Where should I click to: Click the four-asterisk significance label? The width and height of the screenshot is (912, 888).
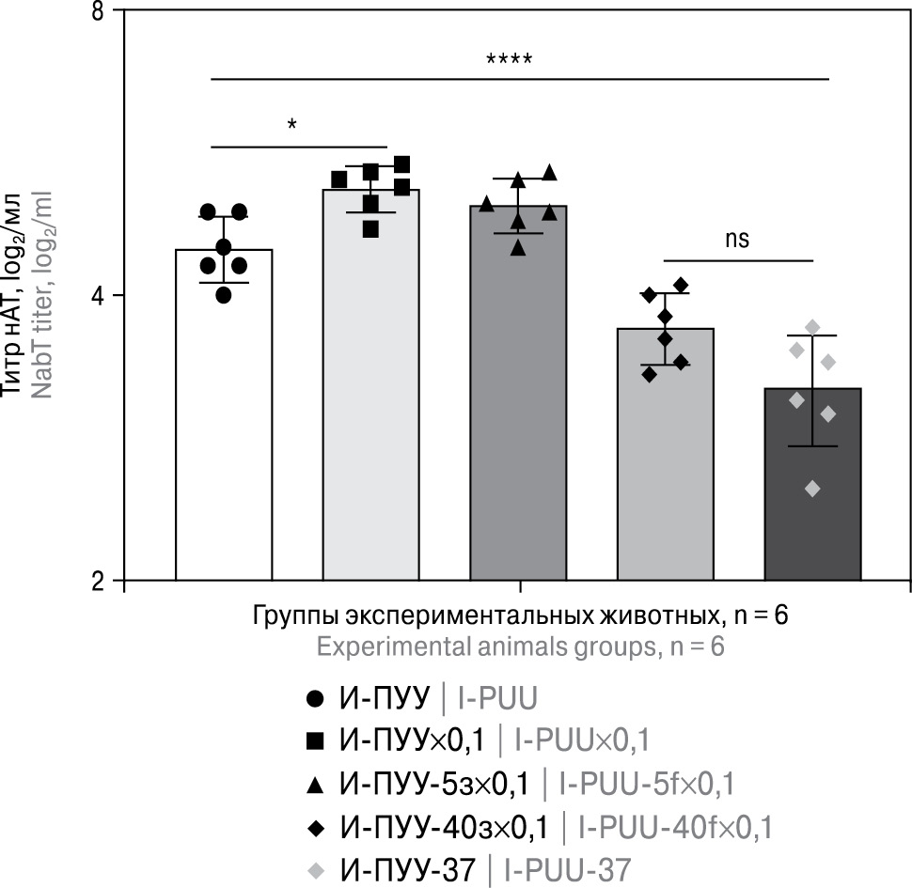[x=509, y=63]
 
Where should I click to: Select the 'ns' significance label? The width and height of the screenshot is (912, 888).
[x=737, y=240]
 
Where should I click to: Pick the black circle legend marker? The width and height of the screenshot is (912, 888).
[x=316, y=699]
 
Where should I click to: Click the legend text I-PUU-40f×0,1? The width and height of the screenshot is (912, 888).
[x=674, y=826]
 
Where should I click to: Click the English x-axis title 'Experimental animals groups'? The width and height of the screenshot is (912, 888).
[x=521, y=647]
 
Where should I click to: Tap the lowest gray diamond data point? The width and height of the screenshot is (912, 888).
[x=812, y=489]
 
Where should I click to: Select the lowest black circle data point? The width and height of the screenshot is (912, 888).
[x=223, y=295]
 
